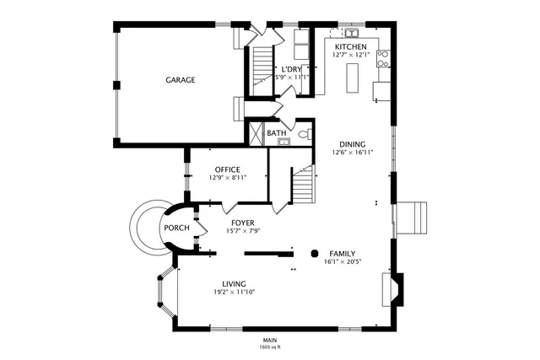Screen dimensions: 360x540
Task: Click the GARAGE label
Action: point(180,80)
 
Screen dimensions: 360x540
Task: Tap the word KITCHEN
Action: point(351,46)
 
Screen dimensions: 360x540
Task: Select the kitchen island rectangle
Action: point(353,77)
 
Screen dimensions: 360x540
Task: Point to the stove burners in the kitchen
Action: point(382,59)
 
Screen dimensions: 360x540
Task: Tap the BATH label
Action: point(277,133)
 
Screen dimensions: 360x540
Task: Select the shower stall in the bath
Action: point(254,133)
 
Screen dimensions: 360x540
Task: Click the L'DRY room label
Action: point(292,68)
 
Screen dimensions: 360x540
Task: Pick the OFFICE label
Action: point(228,169)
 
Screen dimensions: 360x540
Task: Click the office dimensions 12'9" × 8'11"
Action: point(228,178)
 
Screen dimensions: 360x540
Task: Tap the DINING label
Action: point(353,143)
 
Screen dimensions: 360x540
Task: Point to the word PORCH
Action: point(176,228)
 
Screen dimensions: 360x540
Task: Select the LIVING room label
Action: point(234,283)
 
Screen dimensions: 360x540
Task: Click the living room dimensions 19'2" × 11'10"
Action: point(234,292)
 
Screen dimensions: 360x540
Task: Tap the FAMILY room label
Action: point(342,253)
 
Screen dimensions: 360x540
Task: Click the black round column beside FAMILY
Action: point(316,251)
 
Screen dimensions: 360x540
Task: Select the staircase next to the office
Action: point(302,184)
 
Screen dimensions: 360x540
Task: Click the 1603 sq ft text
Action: point(270,347)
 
